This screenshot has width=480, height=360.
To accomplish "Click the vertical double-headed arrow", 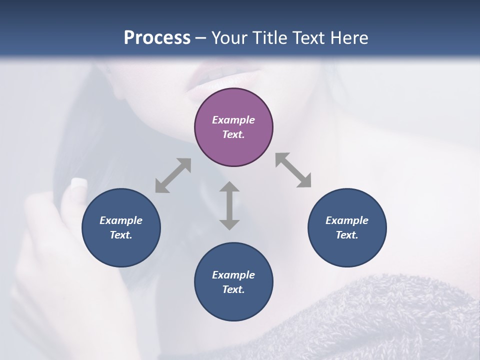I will pyautogui.click(x=229, y=205).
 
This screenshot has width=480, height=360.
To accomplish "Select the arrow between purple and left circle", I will pyautogui.click(x=173, y=175).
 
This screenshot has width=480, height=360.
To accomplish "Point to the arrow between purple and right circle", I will pyautogui.click(x=293, y=170).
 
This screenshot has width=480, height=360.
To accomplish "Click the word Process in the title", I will pyautogui.click(x=157, y=38).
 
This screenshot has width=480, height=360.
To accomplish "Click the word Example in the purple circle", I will pyautogui.click(x=233, y=120).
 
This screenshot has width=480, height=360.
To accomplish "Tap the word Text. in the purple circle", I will pyautogui.click(x=233, y=134).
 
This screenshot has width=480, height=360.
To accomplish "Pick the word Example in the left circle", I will pyautogui.click(x=121, y=220).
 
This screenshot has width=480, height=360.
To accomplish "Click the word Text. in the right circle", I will pyautogui.click(x=347, y=235).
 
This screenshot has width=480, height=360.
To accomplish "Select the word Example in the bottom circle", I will pyautogui.click(x=233, y=275).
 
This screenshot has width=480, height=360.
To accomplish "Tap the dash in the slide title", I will pyautogui.click(x=200, y=38).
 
